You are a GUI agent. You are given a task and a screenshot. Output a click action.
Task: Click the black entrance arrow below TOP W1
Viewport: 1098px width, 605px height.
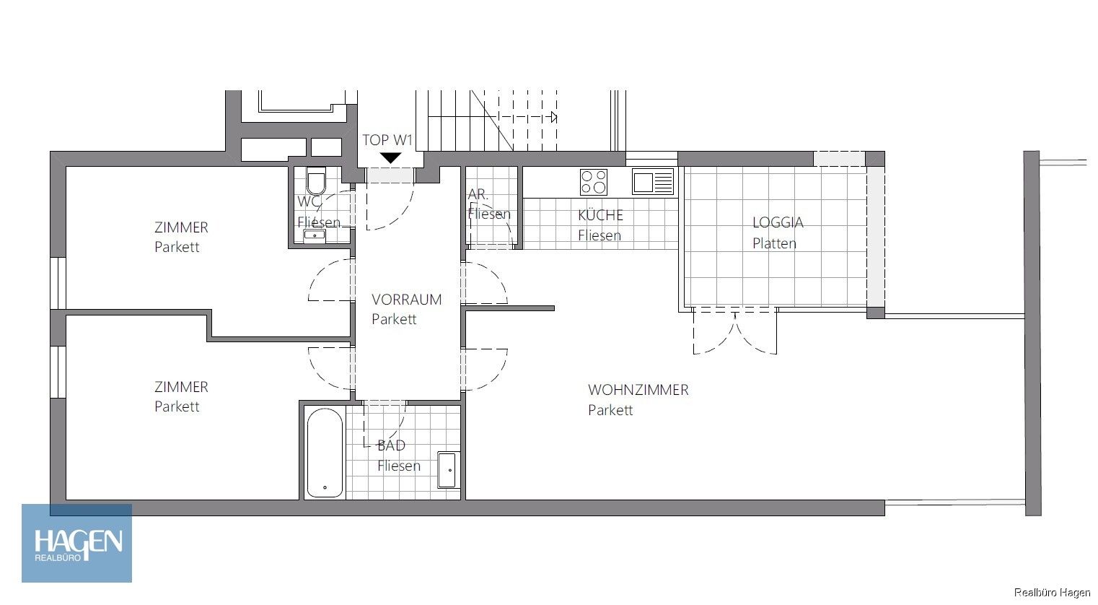[390, 158]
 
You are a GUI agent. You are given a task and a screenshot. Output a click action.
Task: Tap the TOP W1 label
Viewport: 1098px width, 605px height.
[387, 140]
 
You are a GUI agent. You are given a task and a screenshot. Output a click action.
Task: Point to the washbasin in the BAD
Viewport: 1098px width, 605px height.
[448, 470]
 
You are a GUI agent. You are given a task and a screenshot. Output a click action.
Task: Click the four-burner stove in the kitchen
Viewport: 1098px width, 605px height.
[594, 181]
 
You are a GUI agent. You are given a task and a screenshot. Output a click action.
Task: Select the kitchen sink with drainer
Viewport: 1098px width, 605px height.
[653, 181]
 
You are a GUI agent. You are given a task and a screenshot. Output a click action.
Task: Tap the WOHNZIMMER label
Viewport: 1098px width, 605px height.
[638, 390]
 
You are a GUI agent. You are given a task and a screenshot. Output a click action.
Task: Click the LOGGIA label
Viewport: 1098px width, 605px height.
[777, 222]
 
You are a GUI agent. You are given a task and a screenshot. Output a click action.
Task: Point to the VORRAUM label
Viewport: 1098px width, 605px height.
[406, 299]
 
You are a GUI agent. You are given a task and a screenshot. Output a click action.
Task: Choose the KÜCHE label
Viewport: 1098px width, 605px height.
[600, 215]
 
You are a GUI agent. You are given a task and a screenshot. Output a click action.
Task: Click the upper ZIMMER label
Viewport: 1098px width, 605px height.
[181, 227]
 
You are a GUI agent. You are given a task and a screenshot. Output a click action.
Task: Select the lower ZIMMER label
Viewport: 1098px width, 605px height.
[181, 387]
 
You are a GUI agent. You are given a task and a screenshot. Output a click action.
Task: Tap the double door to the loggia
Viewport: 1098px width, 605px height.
[734, 331]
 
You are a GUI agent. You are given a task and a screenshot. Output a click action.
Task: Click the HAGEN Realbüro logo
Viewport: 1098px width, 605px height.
[77, 543]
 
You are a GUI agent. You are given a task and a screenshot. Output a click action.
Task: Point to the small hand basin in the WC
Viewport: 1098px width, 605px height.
[314, 235]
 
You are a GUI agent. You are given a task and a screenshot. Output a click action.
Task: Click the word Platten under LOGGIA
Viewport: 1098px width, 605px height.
[774, 243]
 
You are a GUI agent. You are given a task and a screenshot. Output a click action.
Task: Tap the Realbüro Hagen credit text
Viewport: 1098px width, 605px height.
[1052, 593]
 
